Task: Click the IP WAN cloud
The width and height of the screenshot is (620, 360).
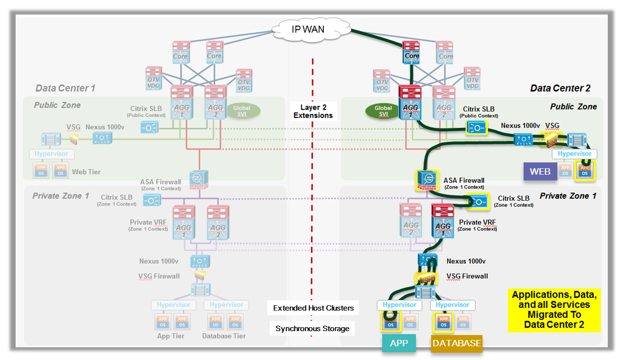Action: click(308, 29)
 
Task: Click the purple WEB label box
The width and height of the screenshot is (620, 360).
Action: click(540, 171)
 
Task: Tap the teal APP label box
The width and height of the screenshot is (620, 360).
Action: click(398, 343)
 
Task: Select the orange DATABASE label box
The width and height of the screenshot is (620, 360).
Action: click(456, 343)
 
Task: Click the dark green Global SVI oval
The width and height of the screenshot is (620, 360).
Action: click(383, 111)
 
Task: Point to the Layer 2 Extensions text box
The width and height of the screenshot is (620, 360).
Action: click(313, 112)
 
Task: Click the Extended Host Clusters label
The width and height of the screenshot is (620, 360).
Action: click(313, 308)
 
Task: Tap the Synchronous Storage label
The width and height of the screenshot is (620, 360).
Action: click(312, 328)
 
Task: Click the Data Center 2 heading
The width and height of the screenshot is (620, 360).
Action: click(560, 89)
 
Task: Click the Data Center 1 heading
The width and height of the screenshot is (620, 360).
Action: click(65, 89)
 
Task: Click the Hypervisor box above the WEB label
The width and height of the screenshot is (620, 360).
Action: click(574, 154)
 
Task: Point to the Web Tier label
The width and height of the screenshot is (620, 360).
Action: click(86, 172)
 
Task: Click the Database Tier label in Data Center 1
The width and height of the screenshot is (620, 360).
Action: click(224, 336)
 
